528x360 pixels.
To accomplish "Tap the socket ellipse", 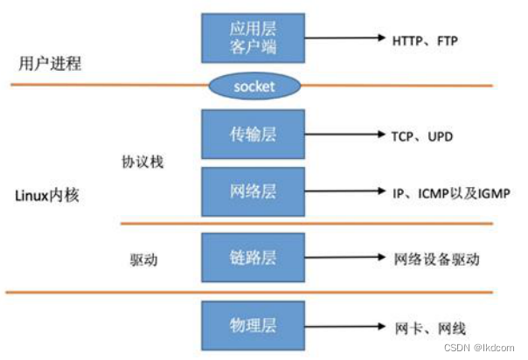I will point(254,86).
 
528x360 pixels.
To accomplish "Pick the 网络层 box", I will point(254,191).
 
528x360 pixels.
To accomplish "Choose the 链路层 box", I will point(254,259).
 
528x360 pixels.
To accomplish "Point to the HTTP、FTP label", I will point(425,39).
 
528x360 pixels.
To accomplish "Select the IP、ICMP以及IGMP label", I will point(450,191).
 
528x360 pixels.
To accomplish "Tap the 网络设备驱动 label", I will point(436,259).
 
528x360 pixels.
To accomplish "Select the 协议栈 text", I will point(143,163).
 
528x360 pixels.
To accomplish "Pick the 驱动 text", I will point(143,259).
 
